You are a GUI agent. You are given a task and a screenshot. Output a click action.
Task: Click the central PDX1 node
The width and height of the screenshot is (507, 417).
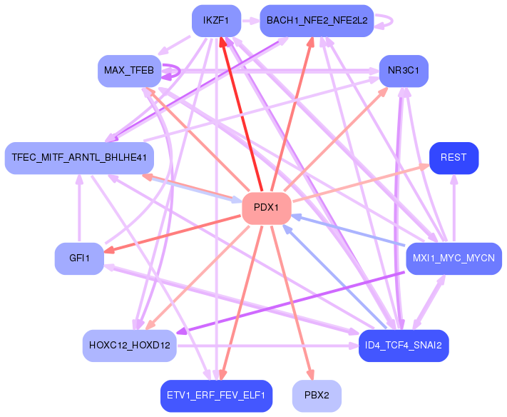click(x=267, y=208)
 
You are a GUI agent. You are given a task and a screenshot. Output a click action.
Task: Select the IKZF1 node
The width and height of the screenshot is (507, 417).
click(x=216, y=21)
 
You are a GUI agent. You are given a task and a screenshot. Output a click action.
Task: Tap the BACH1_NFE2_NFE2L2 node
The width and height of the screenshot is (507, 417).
click(x=317, y=21)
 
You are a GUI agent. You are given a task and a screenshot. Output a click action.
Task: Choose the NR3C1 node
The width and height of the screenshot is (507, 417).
click(x=404, y=70)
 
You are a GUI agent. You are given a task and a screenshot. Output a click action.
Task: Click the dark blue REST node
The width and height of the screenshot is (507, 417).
click(x=454, y=158)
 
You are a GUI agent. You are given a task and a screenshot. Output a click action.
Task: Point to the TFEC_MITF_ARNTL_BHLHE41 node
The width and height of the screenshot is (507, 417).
click(x=78, y=158)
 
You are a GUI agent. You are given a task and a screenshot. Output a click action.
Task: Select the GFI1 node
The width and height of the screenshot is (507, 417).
click(x=79, y=258)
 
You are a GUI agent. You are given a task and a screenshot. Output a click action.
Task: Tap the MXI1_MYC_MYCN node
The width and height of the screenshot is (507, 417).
click(x=454, y=258)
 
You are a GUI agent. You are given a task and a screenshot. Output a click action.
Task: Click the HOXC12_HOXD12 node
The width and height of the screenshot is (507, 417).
click(x=129, y=346)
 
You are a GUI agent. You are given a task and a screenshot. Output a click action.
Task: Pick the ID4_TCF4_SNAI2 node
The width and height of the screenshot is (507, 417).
click(x=404, y=346)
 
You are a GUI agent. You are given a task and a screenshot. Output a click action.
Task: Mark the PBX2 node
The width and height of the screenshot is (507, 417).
click(x=317, y=395)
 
